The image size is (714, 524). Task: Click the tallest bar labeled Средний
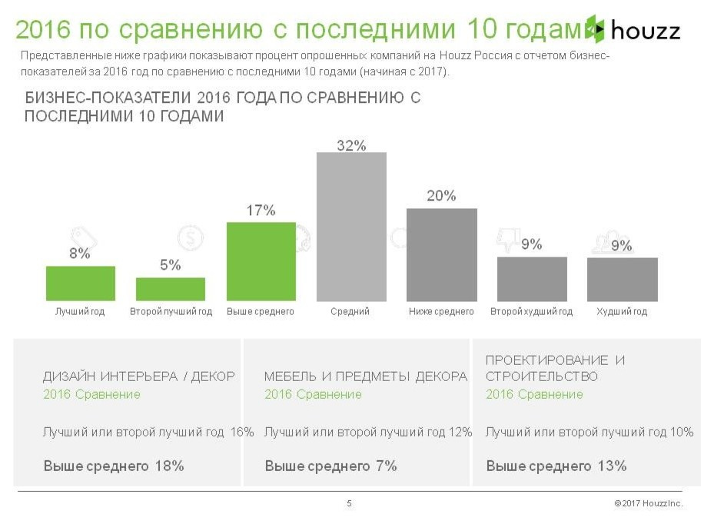point(351,227)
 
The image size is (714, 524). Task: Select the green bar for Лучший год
point(80,284)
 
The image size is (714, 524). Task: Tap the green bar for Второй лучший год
point(171,289)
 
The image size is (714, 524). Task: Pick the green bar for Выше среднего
point(261,261)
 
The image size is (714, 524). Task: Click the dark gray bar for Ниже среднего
point(441,254)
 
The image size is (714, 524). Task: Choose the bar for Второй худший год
point(532,279)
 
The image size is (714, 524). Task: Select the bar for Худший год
point(622,279)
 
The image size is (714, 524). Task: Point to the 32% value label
point(351,145)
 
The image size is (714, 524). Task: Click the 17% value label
point(261,211)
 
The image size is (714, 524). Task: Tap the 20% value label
point(441,196)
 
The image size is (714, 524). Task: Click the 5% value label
point(171,265)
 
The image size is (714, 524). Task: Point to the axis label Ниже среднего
point(441,312)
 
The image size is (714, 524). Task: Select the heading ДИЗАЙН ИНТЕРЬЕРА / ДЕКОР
point(138,377)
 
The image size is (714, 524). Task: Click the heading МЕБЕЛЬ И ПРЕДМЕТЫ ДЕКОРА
point(366,377)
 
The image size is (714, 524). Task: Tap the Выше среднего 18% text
point(114,466)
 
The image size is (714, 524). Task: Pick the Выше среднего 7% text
point(330,466)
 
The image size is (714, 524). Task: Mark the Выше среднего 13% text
point(556,466)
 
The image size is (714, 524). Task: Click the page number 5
point(350,504)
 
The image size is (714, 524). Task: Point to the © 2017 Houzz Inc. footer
point(648,504)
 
